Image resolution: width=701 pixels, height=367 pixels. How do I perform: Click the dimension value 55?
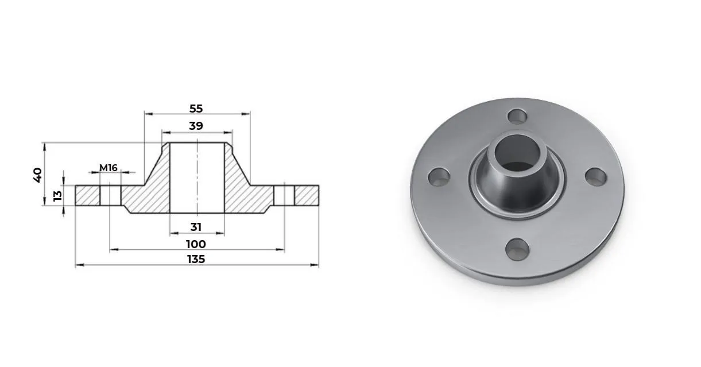(x=196, y=109)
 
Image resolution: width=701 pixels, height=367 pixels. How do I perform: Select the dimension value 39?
(x=196, y=126)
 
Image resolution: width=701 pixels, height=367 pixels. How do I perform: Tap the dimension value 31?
(x=196, y=227)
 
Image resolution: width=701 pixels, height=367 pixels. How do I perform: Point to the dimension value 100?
(x=196, y=244)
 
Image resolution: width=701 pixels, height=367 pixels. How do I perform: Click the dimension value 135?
(x=196, y=259)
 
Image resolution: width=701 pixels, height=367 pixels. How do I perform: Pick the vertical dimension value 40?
(x=37, y=175)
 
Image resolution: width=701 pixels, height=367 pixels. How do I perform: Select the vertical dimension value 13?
(x=57, y=196)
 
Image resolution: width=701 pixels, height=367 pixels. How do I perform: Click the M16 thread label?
(x=109, y=168)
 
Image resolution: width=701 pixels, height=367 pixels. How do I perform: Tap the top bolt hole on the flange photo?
(x=517, y=116)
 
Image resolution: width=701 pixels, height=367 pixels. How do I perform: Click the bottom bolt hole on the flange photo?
(x=517, y=250)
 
